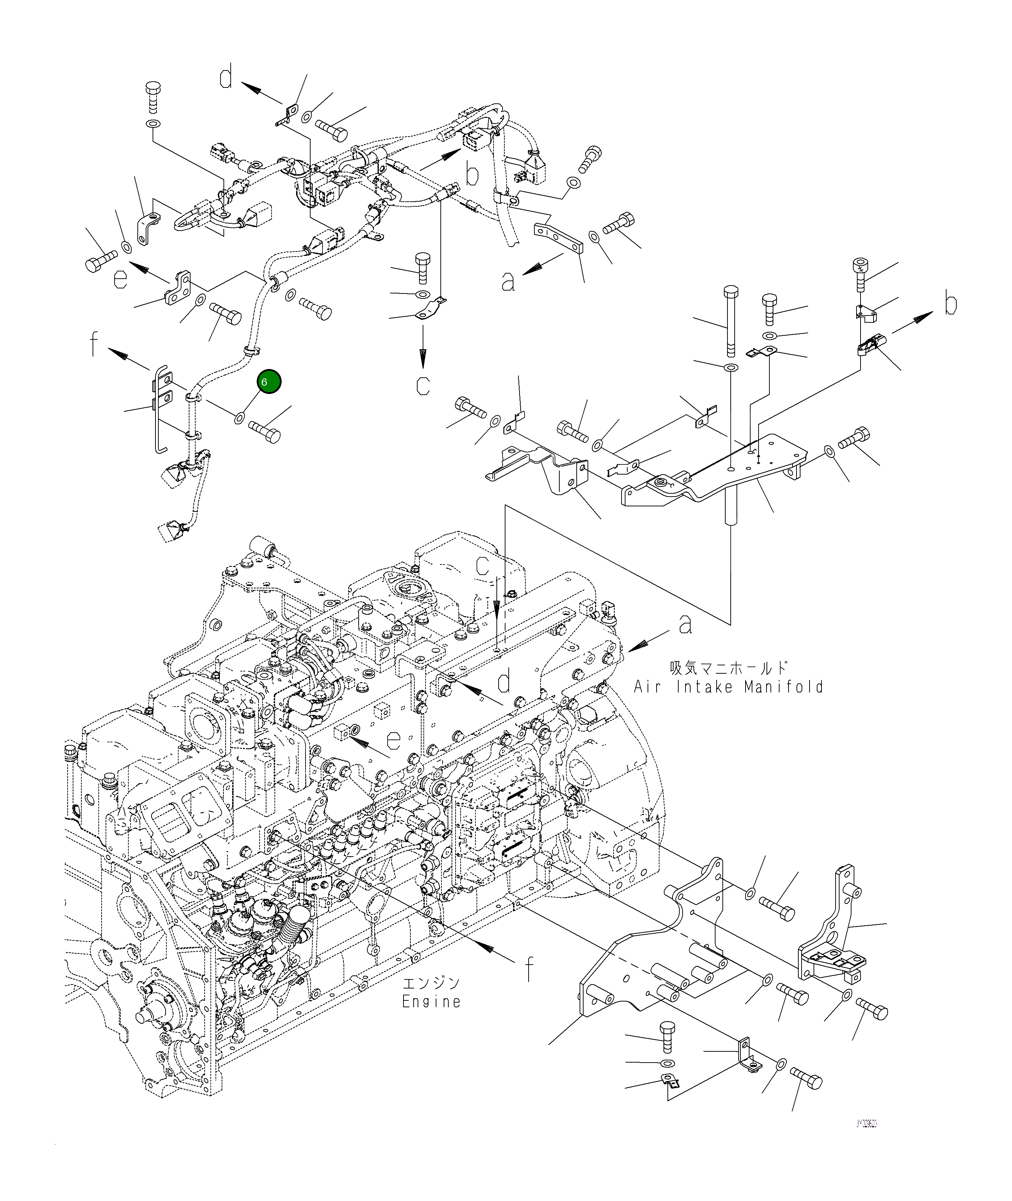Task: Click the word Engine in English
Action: coord(431,1002)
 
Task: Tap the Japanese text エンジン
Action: coord(431,983)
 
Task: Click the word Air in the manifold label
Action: coord(646,687)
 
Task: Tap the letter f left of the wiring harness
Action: coord(94,344)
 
